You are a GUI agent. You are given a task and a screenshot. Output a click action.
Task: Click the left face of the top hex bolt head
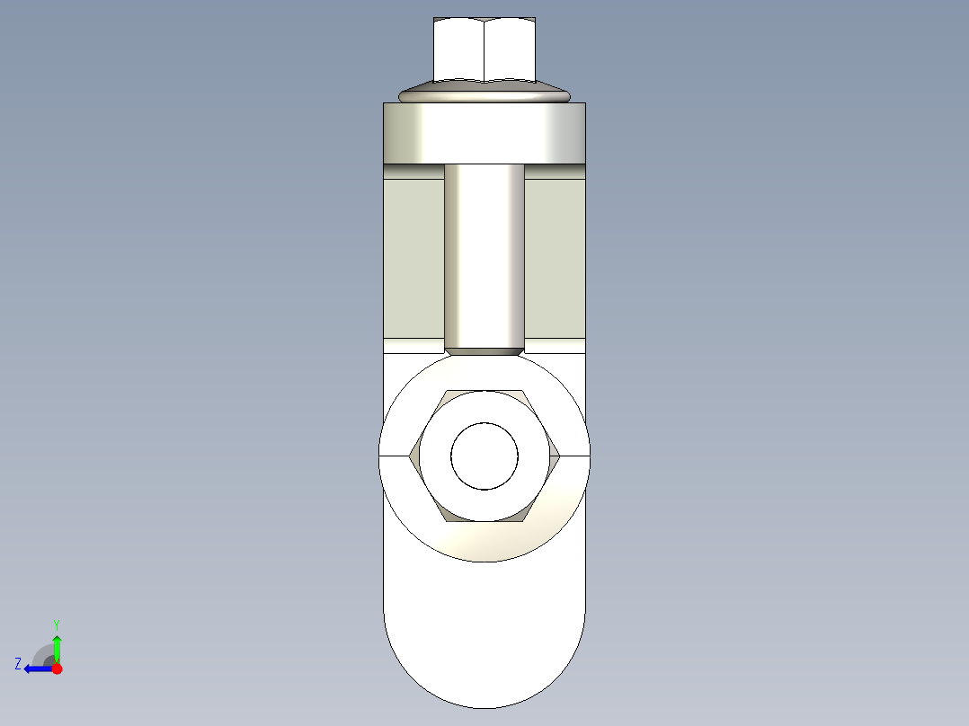point(458,51)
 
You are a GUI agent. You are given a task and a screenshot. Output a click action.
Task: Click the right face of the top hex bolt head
point(510,51)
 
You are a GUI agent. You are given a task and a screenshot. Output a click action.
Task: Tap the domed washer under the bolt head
point(484,93)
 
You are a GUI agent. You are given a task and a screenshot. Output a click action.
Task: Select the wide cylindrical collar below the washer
point(484,133)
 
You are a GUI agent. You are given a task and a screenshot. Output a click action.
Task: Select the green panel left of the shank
point(413,256)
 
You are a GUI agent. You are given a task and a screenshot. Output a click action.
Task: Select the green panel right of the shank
point(555,256)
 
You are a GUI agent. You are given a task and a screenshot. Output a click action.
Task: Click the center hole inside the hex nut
point(484,456)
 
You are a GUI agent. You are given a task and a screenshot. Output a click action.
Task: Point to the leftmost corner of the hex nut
point(411,456)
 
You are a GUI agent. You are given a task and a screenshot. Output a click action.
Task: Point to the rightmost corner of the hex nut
point(560,456)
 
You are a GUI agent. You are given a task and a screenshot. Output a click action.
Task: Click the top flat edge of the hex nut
point(484,392)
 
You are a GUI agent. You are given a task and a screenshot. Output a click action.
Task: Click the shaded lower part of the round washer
point(484,543)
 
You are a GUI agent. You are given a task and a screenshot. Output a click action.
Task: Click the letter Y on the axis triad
point(57,624)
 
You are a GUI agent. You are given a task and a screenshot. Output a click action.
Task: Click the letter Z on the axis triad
point(18,664)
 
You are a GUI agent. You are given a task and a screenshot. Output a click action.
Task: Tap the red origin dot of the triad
point(57,668)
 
